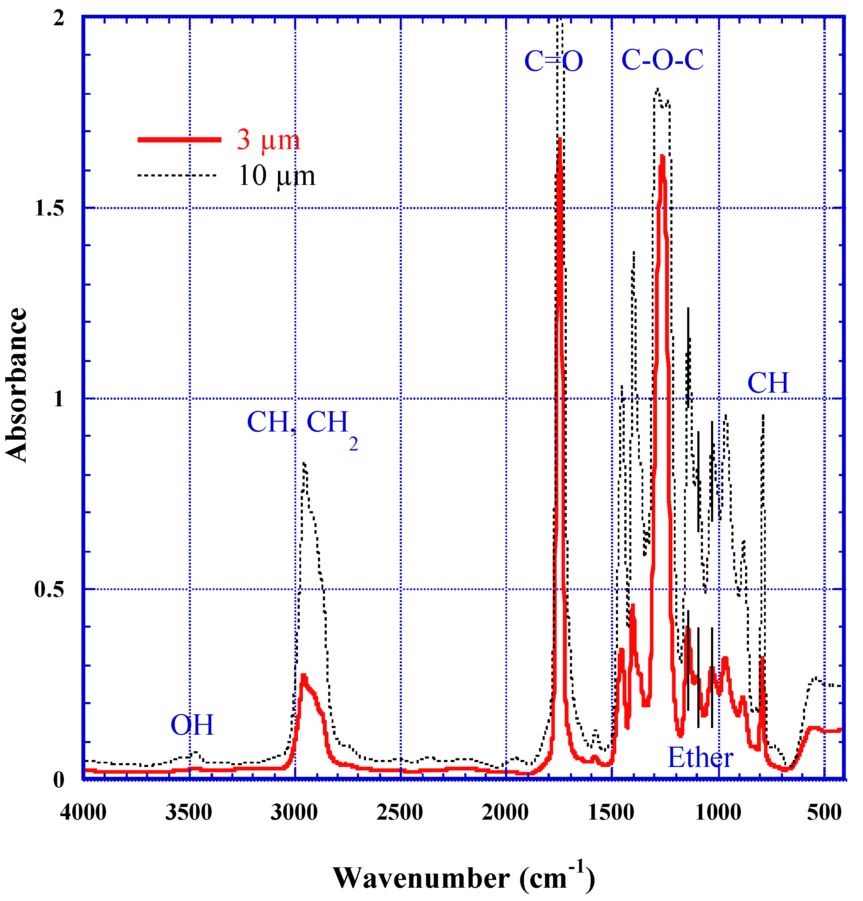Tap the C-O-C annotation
[662, 60]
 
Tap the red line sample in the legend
[179, 140]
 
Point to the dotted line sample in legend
[177, 175]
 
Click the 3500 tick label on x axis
[188, 813]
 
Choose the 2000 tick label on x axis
[505, 813]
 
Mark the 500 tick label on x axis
[824, 813]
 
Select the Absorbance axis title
[16, 385]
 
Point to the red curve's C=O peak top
[559, 139]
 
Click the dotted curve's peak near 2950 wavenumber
[304, 463]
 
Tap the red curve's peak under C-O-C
[662, 156]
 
